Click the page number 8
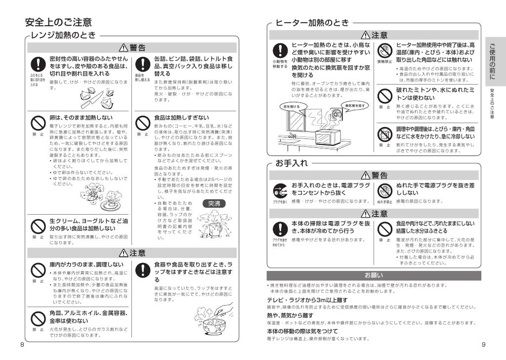[22, 344]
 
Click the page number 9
[483, 344]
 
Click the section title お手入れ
[292, 163]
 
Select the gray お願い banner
[374, 275]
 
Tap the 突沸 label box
[214, 203]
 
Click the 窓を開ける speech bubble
[291, 106]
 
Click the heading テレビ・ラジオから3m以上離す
[307, 300]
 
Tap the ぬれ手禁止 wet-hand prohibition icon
[384, 190]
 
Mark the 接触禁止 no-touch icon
[384, 51]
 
